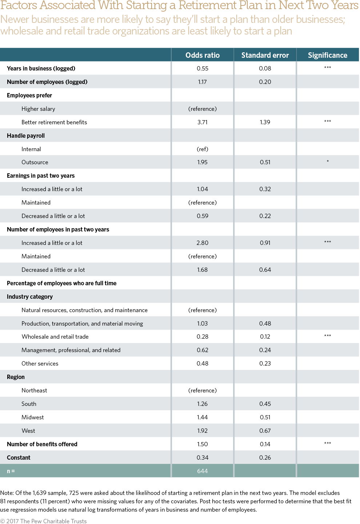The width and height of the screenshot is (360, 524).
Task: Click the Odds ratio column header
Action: [x=203, y=55]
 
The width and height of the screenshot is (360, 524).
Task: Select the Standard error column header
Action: [x=265, y=55]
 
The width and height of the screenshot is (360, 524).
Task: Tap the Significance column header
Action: [x=328, y=55]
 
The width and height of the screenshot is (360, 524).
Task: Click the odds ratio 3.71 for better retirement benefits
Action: [x=203, y=122]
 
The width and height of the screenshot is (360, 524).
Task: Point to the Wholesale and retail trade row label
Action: [x=55, y=337]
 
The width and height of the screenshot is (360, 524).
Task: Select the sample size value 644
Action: [x=203, y=471]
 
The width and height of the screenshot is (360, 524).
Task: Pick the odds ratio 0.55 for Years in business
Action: [x=203, y=68]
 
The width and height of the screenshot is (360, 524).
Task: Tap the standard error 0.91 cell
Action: [x=265, y=243]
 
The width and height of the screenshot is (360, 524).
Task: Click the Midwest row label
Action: [x=33, y=417]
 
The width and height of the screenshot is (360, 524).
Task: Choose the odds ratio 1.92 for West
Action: [x=203, y=431]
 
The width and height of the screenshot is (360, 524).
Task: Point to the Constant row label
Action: [x=19, y=458]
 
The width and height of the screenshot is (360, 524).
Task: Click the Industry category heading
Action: [x=30, y=297]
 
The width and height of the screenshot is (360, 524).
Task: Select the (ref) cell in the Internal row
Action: [x=203, y=149]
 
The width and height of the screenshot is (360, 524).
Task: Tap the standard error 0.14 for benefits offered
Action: [x=265, y=444]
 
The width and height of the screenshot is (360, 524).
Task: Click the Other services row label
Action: [x=40, y=363]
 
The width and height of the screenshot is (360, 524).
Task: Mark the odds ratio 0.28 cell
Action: [x=203, y=337]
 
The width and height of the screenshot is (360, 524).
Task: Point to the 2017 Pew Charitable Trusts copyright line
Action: [x=44, y=521]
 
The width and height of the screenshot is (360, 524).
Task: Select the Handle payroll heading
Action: [x=26, y=136]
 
